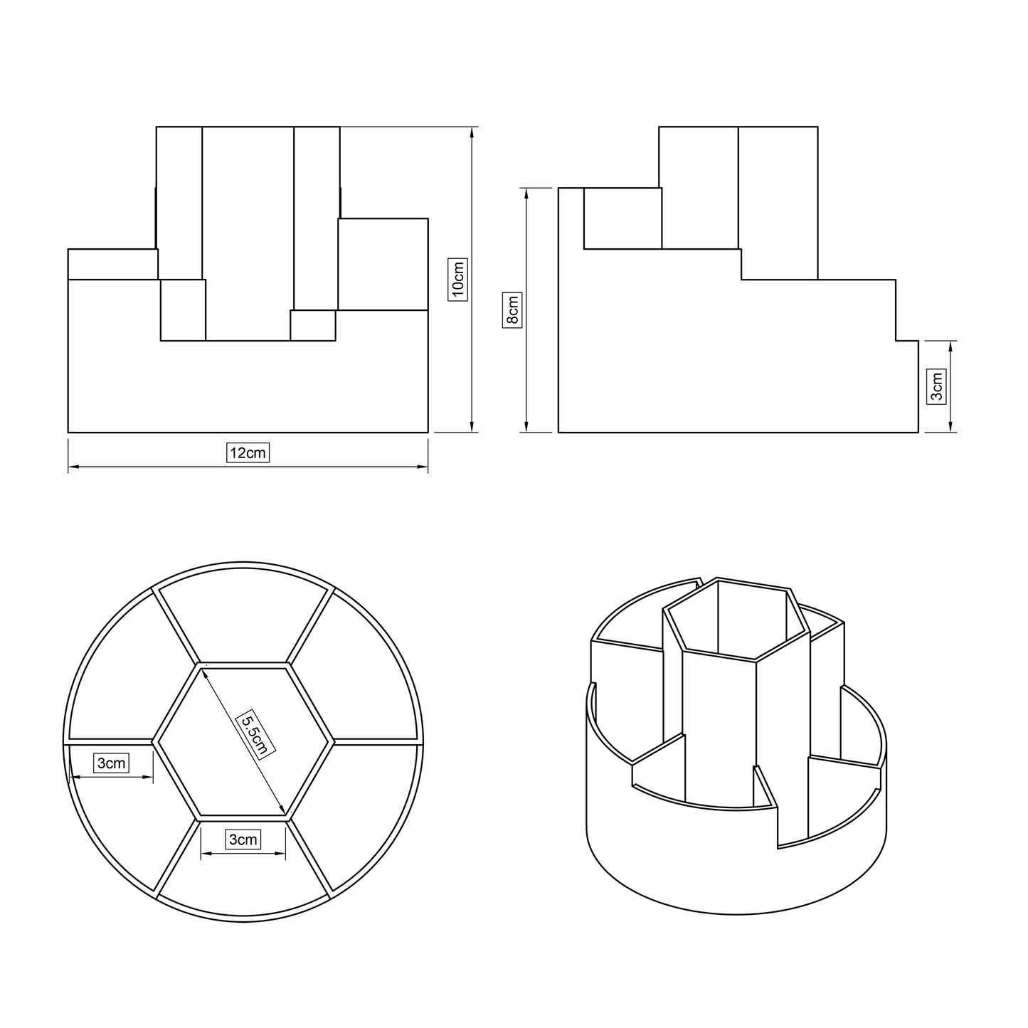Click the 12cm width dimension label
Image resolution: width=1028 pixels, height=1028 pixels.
click(x=248, y=453)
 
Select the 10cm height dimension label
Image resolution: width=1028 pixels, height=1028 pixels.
click(x=457, y=280)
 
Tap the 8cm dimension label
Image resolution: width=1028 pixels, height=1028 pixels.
click(x=512, y=310)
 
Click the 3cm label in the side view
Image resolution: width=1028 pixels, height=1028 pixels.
click(x=937, y=386)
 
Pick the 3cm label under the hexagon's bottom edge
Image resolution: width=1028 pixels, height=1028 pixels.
click(x=243, y=839)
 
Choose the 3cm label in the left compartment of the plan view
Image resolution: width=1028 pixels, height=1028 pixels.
click(x=112, y=763)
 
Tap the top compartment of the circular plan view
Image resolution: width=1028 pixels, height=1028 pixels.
click(x=243, y=613)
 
